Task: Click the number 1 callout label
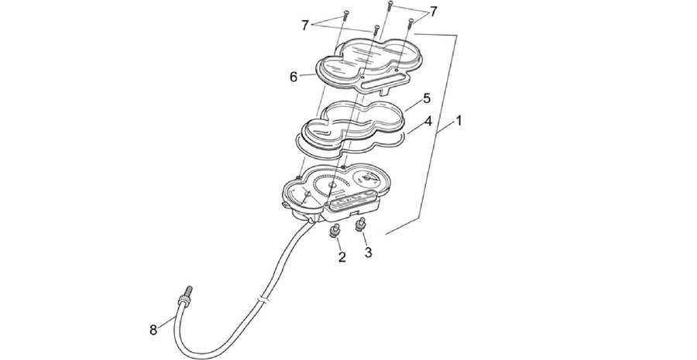coord(458,121)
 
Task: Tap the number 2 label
coord(342,257)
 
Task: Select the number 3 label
coord(368,252)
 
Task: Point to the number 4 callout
coord(427,121)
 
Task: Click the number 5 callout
coord(427,98)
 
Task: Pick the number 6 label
coord(294,77)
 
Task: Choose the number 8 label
coord(153,331)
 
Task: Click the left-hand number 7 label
coord(305,26)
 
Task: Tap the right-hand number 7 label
coord(434,12)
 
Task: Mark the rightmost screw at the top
coord(411,23)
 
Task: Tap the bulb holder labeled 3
coord(359,225)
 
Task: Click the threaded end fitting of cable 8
coord(185,297)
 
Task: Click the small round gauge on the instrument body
coord(367,179)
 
